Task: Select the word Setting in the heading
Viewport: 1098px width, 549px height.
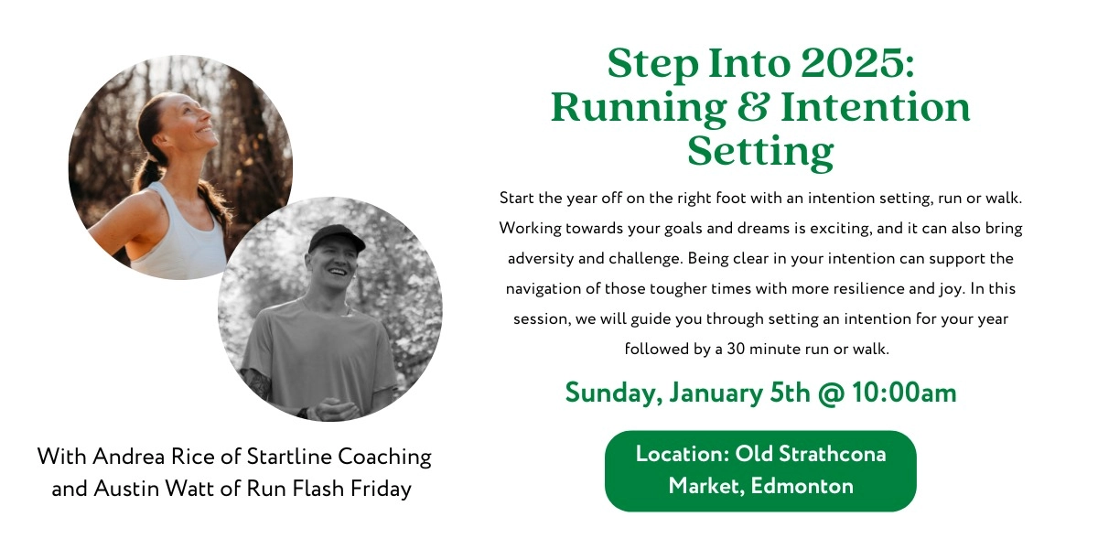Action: pos(760,151)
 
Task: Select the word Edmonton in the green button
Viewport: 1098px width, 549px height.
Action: pos(802,486)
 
